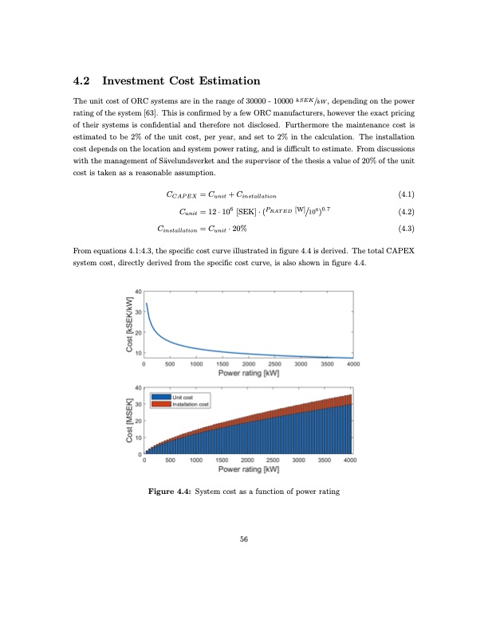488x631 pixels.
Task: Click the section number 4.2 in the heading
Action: pos(82,81)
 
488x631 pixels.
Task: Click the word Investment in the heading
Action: pos(137,81)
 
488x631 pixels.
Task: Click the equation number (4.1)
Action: pos(405,194)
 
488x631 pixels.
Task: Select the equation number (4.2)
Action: pos(405,212)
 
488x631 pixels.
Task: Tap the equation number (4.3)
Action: pos(405,229)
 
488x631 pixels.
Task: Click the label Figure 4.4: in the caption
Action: pos(170,492)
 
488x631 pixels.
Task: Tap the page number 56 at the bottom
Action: pos(244,539)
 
